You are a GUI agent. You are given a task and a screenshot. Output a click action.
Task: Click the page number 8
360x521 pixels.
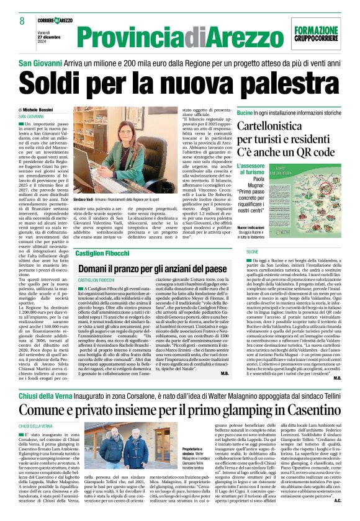pyautogui.click(x=22, y=20)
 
